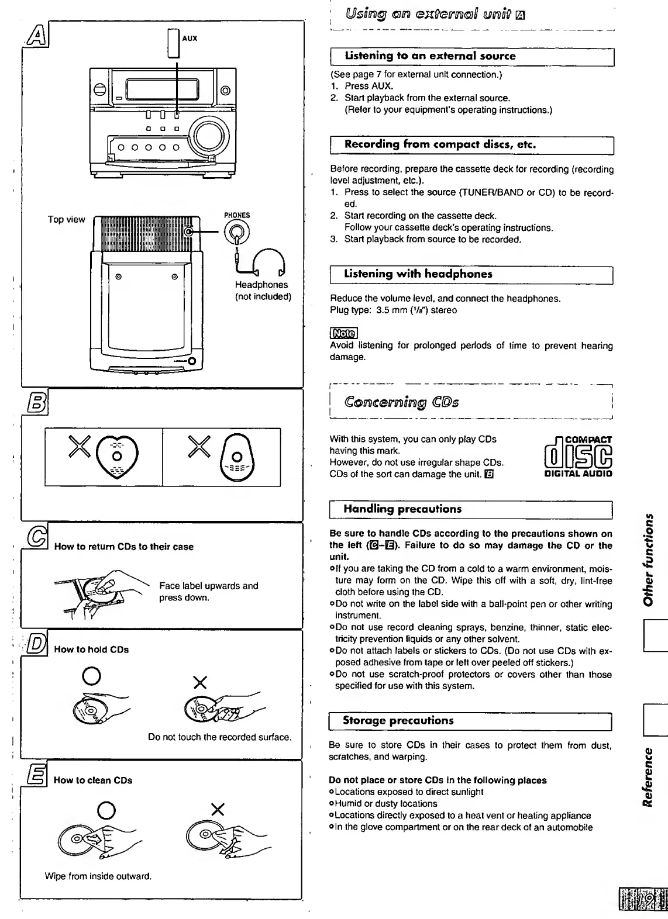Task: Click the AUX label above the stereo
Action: [190, 39]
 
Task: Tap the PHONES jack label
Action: [236, 215]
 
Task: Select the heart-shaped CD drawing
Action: [117, 455]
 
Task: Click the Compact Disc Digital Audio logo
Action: [577, 457]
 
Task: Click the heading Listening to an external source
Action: [429, 56]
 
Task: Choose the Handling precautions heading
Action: [402, 509]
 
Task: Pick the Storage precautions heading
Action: [398, 720]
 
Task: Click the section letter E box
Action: [36, 778]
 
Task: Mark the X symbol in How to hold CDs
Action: [200, 682]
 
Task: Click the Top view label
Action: [66, 220]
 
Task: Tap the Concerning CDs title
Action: [401, 402]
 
